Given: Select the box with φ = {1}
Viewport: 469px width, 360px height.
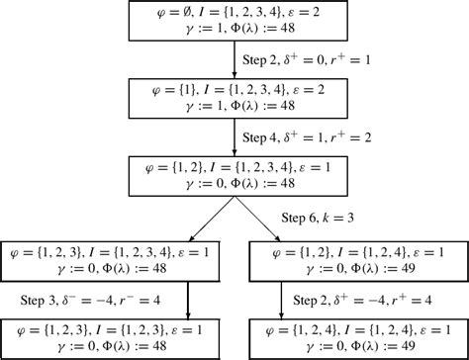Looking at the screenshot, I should tap(234, 96).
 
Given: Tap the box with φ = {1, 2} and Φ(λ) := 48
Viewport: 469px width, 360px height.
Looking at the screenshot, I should tap(234, 173).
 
